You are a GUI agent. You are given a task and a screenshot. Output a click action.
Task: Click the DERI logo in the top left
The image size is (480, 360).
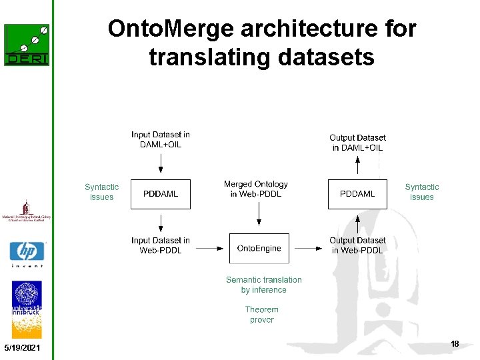pos(27,45)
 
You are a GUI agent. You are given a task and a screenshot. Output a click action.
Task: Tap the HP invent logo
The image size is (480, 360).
pos(27,254)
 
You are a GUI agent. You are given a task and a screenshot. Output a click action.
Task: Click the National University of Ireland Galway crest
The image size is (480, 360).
pos(27,211)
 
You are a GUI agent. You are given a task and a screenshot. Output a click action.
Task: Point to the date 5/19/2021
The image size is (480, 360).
pos(21,349)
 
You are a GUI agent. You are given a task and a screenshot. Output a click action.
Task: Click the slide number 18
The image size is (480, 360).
pos(455,344)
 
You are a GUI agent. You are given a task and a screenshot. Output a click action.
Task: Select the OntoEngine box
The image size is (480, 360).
pos(259,248)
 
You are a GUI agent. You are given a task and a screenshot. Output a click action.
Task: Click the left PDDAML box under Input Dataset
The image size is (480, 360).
pos(161,194)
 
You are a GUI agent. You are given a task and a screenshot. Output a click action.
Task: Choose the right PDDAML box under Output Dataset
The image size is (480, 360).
pos(357,194)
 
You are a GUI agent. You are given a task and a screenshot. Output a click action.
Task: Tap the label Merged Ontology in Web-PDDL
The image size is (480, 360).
pos(256,189)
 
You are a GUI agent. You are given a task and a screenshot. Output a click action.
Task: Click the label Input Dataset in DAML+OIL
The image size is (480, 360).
pos(161,139)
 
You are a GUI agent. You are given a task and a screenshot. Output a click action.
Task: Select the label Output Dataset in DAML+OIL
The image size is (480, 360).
pos(357,143)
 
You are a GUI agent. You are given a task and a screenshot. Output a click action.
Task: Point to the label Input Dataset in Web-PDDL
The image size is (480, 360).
pos(161,245)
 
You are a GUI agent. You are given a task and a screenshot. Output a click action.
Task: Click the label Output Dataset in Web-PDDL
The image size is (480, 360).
pos(357,245)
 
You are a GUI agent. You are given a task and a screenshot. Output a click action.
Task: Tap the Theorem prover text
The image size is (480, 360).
pos(262,315)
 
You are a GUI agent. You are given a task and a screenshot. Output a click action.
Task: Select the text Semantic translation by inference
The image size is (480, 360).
pos(264,285)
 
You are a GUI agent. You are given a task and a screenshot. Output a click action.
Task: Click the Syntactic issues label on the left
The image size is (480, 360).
pos(101,192)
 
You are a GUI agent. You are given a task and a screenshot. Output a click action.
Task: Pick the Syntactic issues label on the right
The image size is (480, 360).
pos(422,192)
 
